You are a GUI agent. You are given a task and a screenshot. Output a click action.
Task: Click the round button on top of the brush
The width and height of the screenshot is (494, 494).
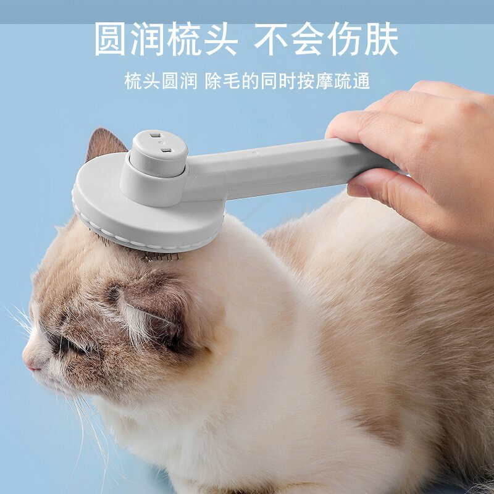(159, 153)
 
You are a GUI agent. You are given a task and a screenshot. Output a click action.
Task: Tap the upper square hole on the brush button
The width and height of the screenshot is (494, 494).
(155, 135)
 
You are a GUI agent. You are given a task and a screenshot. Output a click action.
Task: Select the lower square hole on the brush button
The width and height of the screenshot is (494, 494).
(166, 151)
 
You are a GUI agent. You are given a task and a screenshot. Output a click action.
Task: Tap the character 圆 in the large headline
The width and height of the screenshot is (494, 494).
(110, 39)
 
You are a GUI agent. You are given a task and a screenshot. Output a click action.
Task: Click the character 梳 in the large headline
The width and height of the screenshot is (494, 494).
(183, 39)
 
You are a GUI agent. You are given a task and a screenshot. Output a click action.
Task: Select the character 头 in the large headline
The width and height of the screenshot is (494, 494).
(220, 39)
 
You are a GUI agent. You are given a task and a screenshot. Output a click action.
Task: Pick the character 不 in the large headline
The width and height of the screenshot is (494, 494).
(272, 39)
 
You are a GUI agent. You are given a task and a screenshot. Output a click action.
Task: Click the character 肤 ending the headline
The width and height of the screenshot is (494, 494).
(382, 39)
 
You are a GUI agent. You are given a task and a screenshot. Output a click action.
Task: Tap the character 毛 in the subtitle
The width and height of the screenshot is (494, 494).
(232, 82)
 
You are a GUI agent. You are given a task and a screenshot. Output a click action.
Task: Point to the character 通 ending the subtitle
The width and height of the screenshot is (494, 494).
(361, 82)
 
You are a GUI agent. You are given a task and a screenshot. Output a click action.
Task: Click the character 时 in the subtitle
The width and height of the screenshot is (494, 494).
(287, 82)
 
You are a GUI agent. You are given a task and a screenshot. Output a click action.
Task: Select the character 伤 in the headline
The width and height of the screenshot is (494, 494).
(345, 39)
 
